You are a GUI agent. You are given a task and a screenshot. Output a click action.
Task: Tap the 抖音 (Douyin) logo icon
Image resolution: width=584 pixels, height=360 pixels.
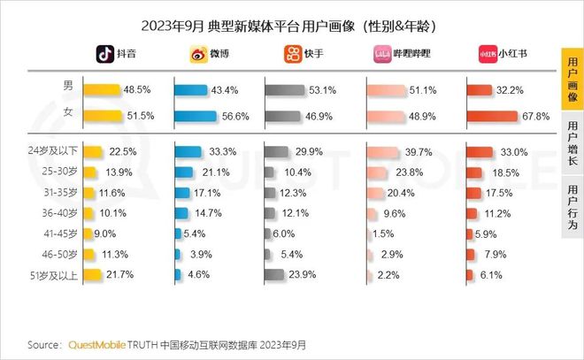pyautogui.click(x=104, y=55)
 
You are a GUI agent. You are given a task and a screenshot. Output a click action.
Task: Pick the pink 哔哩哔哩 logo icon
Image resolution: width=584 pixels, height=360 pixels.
pyautogui.click(x=383, y=55)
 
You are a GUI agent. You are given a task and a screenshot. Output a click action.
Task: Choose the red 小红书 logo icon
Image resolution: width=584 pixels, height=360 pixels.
pyautogui.click(x=486, y=55)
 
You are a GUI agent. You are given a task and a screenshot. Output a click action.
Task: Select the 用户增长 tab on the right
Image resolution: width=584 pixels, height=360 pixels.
pyautogui.click(x=572, y=144)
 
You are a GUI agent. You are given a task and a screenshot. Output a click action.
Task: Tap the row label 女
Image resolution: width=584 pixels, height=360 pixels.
pyautogui.click(x=66, y=113)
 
